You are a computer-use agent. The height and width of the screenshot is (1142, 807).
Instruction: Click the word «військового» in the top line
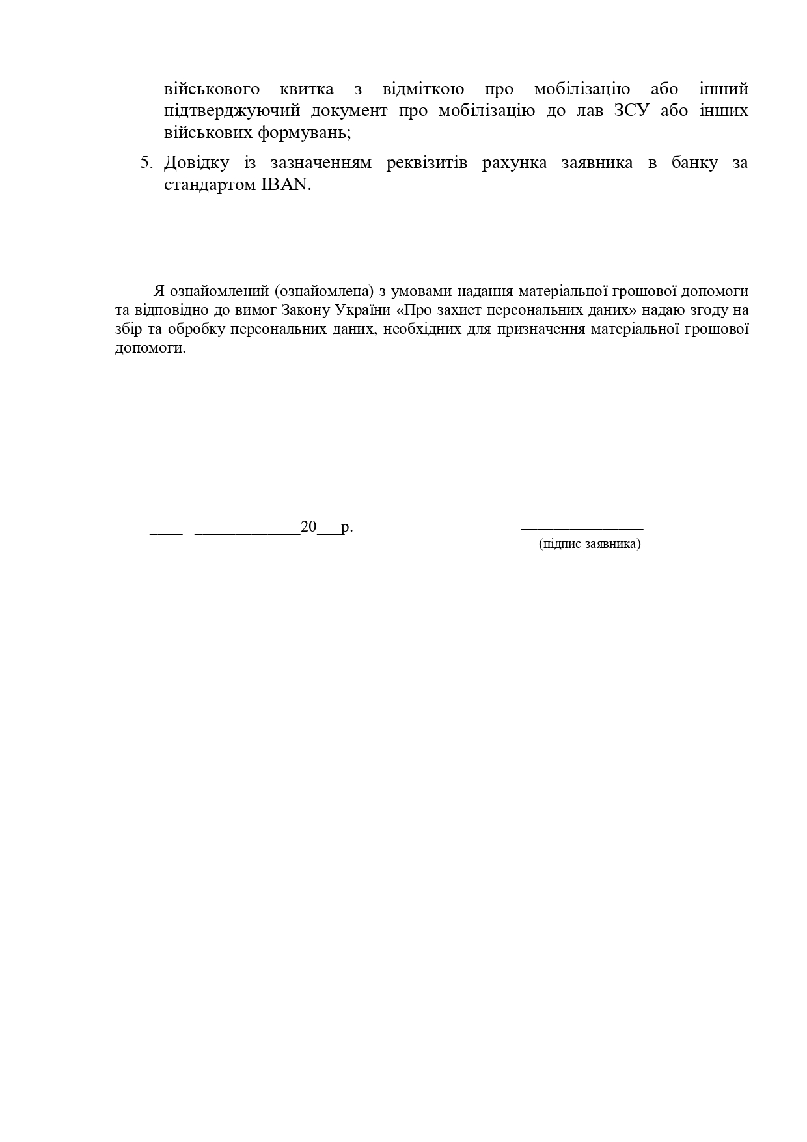pos(212,89)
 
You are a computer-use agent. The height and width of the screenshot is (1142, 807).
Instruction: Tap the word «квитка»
pos(308,89)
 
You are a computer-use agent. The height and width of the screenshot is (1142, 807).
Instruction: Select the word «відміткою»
pos(423,89)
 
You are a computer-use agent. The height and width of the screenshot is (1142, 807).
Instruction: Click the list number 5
pos(146,163)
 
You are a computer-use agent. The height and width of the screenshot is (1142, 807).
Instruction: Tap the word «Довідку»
pos(196,163)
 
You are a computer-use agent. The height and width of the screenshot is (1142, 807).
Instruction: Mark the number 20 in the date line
pos(308,527)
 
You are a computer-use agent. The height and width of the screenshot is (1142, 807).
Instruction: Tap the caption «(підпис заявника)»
pos(590,544)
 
